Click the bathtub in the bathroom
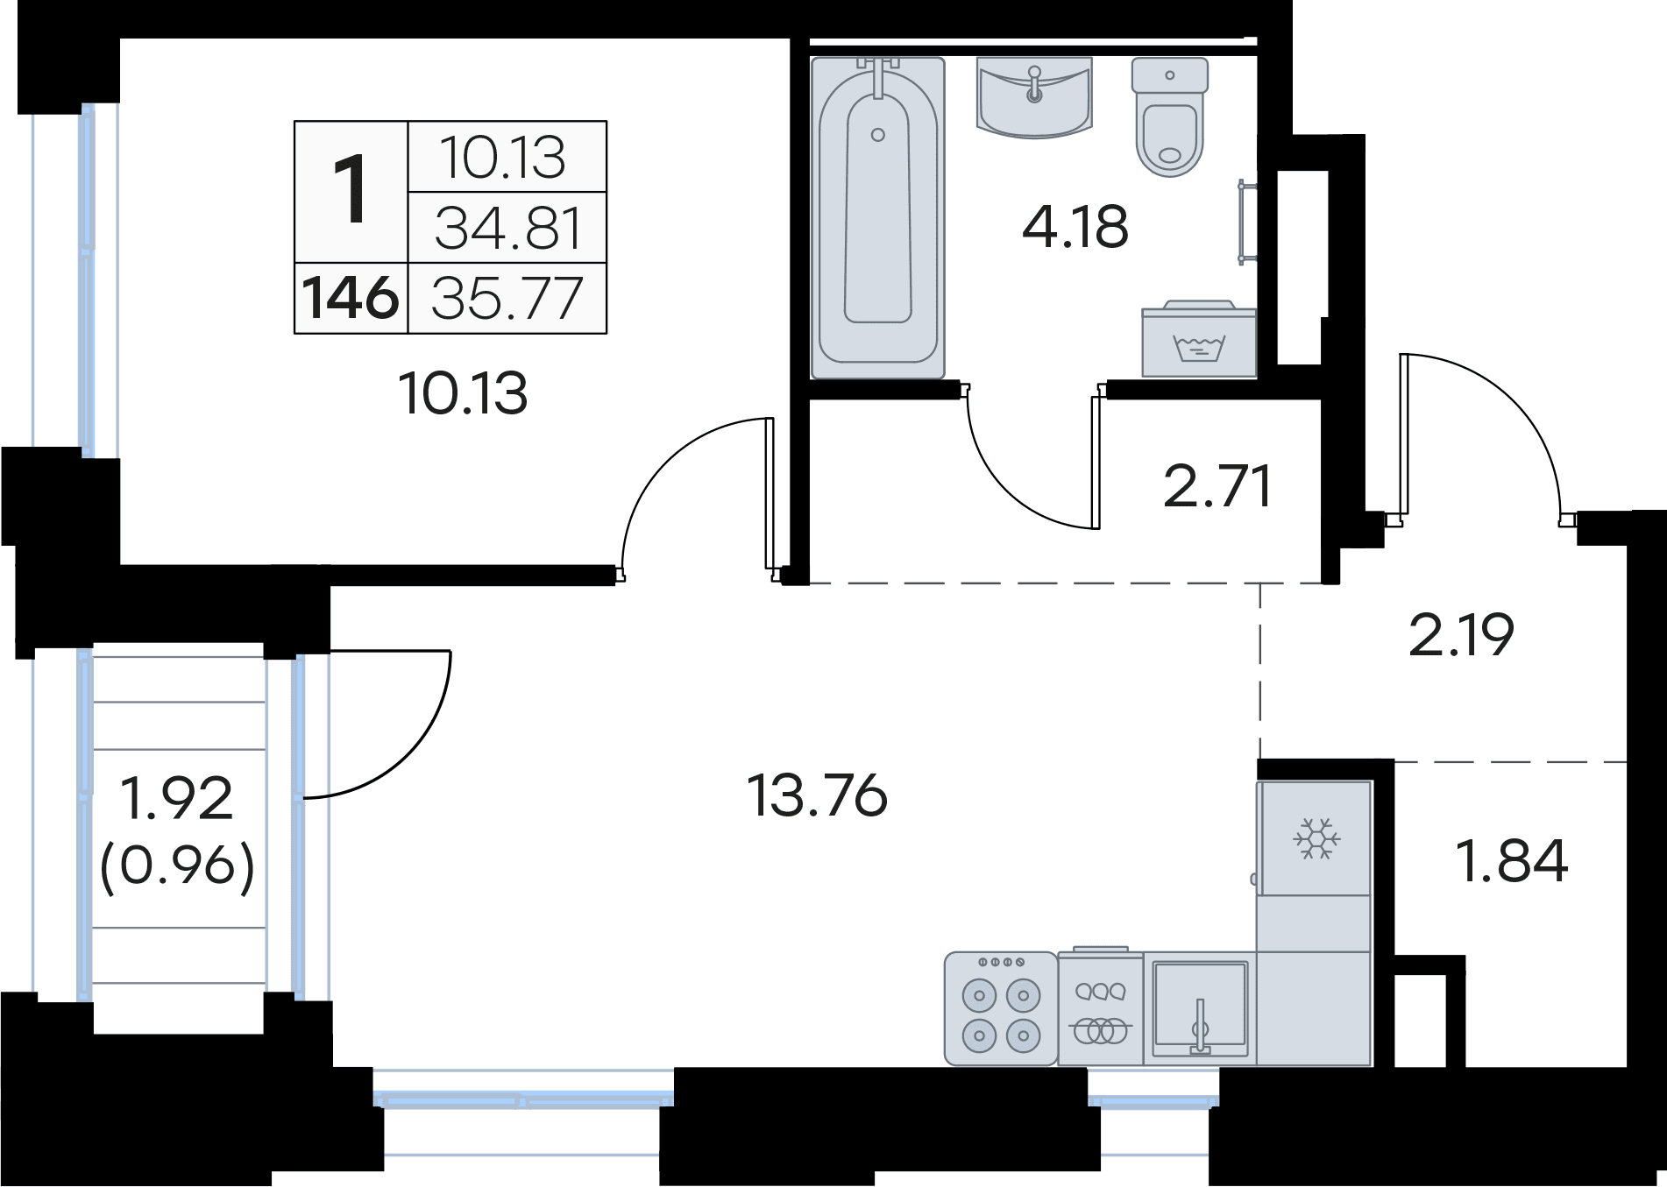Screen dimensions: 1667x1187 pyautogui.click(x=878, y=218)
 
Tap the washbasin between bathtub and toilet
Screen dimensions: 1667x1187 pyautogui.click(x=1034, y=97)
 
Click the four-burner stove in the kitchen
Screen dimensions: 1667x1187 pyautogui.click(x=1001, y=1008)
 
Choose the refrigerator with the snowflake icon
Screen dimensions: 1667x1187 pyautogui.click(x=1314, y=838)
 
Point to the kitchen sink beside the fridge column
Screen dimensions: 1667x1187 pyautogui.click(x=1200, y=1008)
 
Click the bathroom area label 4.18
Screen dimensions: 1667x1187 pyautogui.click(x=1075, y=227)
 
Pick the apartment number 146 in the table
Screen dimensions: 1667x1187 pyautogui.click(x=351, y=298)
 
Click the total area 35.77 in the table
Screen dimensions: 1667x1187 pyautogui.click(x=507, y=298)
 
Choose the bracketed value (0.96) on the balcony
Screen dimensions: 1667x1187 pyautogui.click(x=177, y=867)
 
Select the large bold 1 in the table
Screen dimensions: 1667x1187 pyautogui.click(x=352, y=189)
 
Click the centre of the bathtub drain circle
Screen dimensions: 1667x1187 pyautogui.click(x=878, y=135)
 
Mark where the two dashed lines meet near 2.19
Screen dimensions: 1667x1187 pyautogui.click(x=1260, y=583)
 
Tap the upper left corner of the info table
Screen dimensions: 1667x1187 pyautogui.click(x=294, y=121)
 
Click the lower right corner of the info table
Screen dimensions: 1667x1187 pyautogui.click(x=607, y=334)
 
